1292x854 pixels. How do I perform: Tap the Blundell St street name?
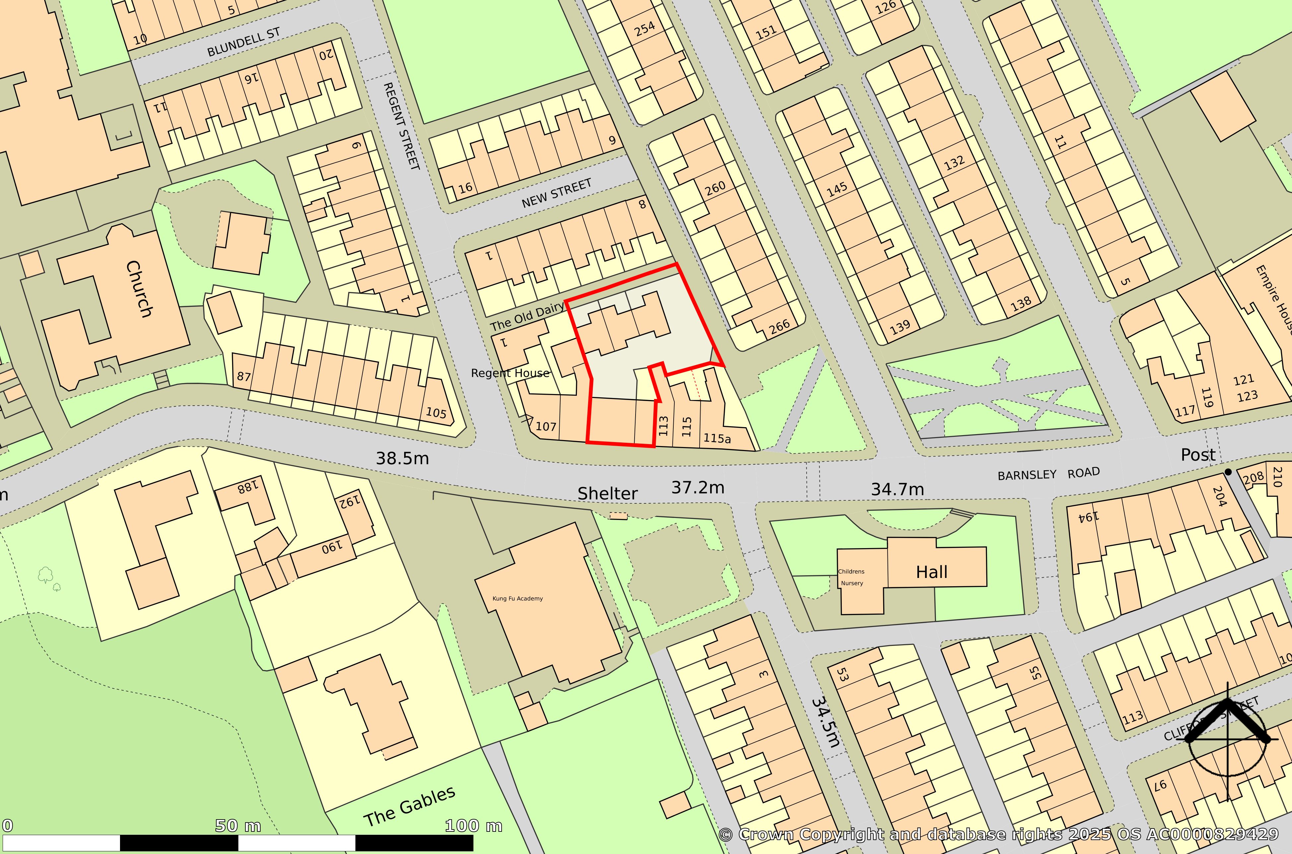pyautogui.click(x=244, y=42)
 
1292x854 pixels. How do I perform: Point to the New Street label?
pyautogui.click(x=556, y=193)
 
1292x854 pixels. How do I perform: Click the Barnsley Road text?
pyautogui.click(x=1048, y=473)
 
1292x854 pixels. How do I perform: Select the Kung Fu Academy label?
pyautogui.click(x=518, y=598)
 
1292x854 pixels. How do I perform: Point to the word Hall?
pyautogui.click(x=931, y=572)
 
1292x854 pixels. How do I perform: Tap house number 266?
pyautogui.click(x=779, y=326)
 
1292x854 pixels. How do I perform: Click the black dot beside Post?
pyautogui.click(x=1228, y=472)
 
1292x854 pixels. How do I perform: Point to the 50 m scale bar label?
pyautogui.click(x=238, y=826)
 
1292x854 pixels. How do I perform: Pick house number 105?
pyautogui.click(x=436, y=412)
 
